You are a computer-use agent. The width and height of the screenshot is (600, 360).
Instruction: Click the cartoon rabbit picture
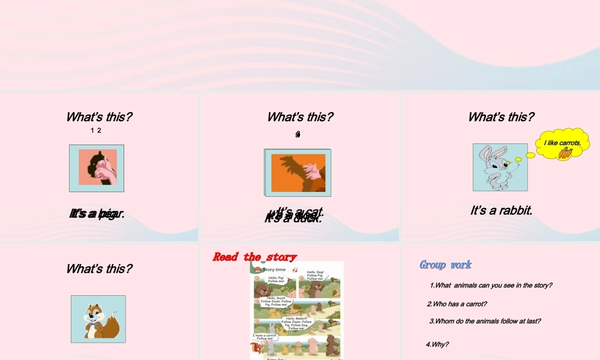[500, 167]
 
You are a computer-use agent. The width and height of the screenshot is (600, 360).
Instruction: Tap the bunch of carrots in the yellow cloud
[565, 154]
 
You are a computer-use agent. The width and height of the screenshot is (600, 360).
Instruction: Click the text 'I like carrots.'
[562, 143]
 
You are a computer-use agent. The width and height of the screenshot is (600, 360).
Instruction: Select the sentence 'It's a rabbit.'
[502, 211]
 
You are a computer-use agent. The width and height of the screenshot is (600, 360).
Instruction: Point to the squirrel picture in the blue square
[98, 319]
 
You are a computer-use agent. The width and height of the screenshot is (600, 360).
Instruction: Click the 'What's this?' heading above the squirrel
[99, 269]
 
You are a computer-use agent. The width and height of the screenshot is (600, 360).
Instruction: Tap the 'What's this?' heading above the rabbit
[501, 117]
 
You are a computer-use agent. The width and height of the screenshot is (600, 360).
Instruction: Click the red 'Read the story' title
[254, 257]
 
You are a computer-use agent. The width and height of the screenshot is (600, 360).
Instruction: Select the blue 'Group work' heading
[445, 265]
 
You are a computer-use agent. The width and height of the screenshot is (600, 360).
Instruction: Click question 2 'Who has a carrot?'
[457, 304]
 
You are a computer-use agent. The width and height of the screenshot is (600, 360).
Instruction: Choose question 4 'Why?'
[437, 344]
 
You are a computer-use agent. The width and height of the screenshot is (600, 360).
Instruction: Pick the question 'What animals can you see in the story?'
[491, 285]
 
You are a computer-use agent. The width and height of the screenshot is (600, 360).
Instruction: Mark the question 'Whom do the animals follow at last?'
[485, 321]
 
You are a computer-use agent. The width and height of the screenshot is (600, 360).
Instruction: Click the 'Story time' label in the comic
[274, 270]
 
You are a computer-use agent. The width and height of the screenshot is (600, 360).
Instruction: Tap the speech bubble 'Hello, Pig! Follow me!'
[276, 279]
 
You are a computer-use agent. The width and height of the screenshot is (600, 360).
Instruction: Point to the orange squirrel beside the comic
[256, 349]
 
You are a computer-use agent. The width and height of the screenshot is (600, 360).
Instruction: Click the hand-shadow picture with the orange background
[298, 172]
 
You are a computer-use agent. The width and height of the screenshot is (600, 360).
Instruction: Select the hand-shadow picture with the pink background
[97, 167]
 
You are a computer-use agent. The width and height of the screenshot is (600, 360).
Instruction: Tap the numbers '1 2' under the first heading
[95, 131]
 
